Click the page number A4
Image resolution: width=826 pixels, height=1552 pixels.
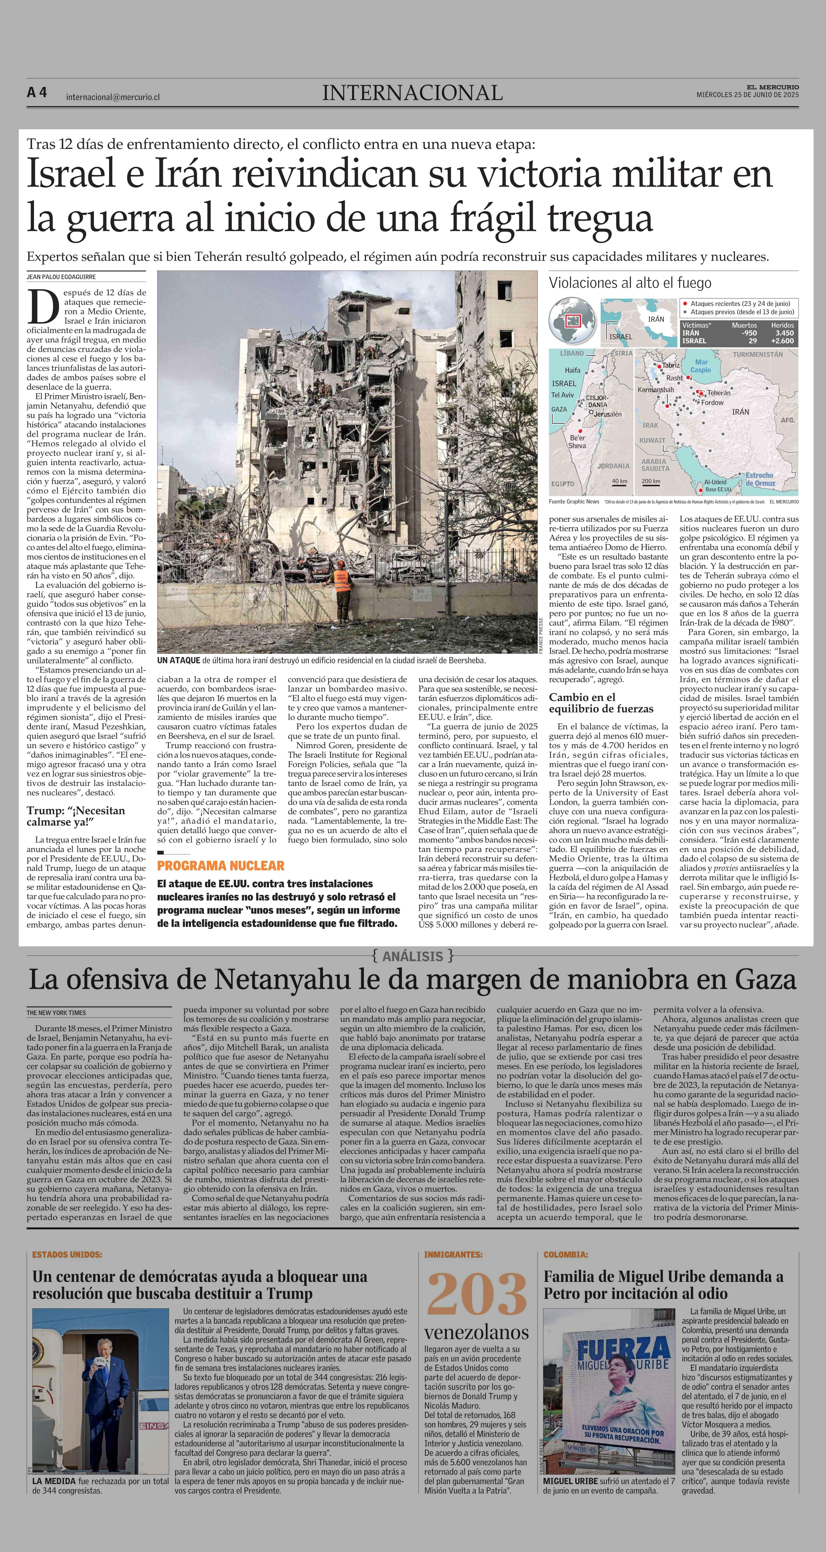point(37,93)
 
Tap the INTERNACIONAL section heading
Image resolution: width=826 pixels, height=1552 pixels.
point(412,93)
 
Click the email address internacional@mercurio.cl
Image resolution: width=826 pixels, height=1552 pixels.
point(112,96)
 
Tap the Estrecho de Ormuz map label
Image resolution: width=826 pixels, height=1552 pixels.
point(760,480)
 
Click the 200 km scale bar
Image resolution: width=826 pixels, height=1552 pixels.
point(651,482)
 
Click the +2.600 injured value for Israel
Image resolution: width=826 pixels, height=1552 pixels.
point(782,341)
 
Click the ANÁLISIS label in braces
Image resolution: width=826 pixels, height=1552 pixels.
point(412,956)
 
